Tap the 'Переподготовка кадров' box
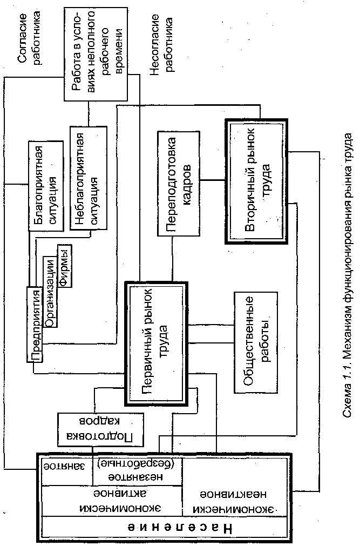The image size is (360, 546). coord(178,183)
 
